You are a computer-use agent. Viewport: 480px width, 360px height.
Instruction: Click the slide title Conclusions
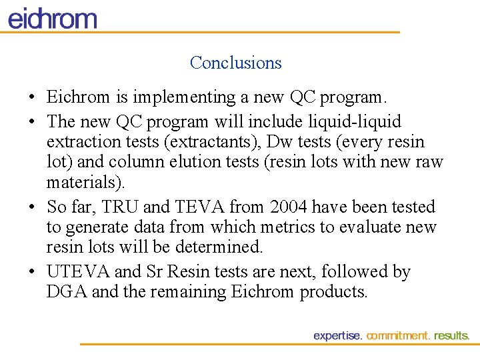235,63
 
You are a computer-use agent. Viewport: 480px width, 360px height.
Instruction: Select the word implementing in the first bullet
175,97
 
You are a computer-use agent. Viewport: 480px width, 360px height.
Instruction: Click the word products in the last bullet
333,292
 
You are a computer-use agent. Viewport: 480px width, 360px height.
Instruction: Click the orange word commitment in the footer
398,336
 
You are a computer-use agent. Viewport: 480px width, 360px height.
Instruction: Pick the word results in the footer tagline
451,336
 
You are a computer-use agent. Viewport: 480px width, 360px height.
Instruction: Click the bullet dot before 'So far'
31,208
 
